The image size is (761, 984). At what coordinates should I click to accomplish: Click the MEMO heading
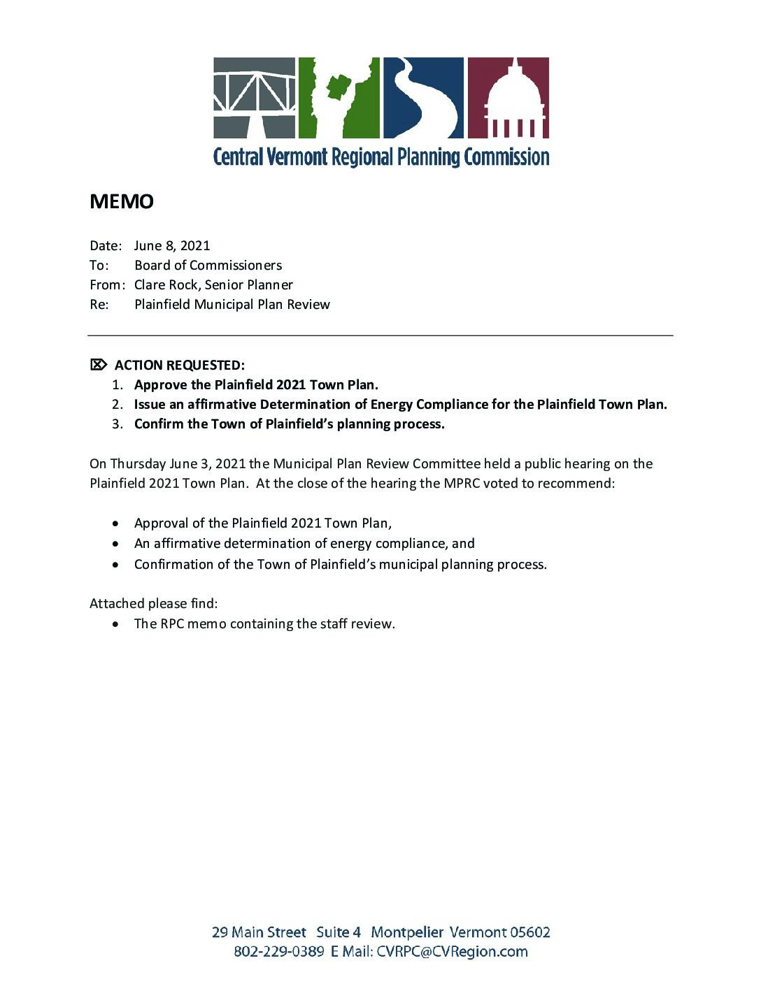tap(122, 201)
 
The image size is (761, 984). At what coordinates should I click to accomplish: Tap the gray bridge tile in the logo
tap(255, 97)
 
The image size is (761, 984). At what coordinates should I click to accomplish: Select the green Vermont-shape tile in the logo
tap(339, 97)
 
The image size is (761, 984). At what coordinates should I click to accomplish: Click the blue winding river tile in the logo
tap(422, 97)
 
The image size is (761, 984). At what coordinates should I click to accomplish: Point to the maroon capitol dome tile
tap(508, 97)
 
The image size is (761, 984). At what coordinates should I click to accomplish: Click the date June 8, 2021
tap(172, 245)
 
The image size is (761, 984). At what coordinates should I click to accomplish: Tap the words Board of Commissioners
tap(208, 265)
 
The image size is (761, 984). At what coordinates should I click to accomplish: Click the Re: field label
tap(99, 304)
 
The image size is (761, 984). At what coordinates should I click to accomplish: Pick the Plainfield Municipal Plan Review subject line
tap(232, 304)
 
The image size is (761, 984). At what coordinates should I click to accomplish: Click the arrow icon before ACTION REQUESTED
tap(99, 364)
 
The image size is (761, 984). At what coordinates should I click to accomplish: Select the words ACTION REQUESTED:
tap(180, 365)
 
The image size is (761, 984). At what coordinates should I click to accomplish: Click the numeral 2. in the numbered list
tap(118, 404)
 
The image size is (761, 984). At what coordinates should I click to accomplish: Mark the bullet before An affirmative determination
tap(116, 544)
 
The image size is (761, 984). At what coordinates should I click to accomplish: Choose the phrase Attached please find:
tap(153, 603)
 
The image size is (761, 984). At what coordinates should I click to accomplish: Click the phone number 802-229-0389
tap(278, 951)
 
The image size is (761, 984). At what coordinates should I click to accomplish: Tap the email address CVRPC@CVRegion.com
tap(452, 951)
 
